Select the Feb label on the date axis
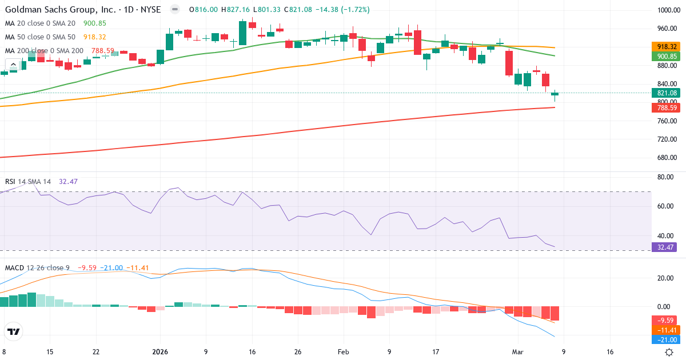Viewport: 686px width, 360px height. click(x=343, y=352)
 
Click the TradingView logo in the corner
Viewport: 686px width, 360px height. click(x=13, y=331)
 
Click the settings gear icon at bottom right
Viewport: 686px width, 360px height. click(x=669, y=352)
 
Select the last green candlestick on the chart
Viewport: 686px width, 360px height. click(x=555, y=94)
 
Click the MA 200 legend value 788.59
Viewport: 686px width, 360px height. click(x=102, y=51)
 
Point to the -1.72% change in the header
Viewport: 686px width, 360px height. click(x=355, y=10)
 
